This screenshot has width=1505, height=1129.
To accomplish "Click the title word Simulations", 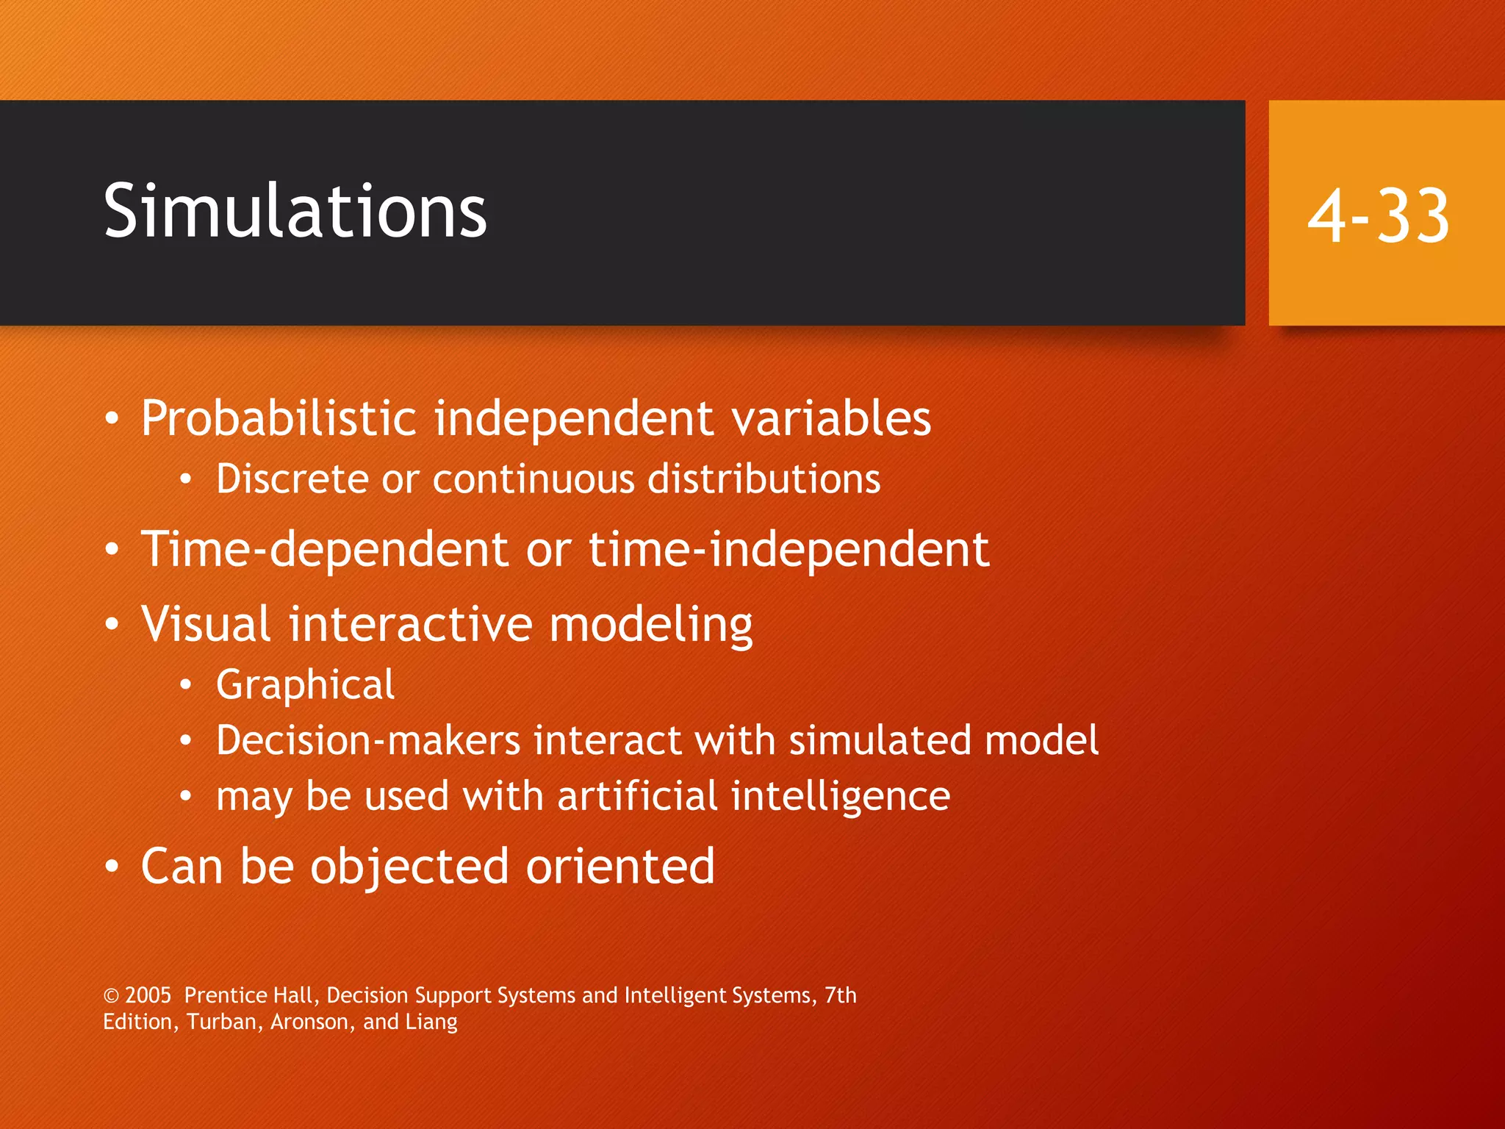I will coord(295,212).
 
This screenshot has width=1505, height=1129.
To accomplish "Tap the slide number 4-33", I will coord(1378,215).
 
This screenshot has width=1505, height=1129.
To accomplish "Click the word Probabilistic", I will coord(279,419).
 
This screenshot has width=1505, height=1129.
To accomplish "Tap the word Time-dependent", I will coord(324,550).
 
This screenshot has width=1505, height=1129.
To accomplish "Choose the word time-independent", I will coord(789,550).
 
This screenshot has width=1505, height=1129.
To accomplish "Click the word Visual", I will coord(206,624).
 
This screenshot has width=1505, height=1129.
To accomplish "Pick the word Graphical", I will coord(305,686).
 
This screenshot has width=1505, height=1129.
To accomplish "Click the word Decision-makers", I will coord(368,740).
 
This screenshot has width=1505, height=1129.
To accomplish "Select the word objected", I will coord(410,867).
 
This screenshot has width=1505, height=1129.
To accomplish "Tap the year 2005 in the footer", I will coord(148,995).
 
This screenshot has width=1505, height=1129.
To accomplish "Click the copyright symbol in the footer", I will coord(111,996).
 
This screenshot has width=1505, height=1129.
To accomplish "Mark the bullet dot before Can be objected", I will coord(111,867).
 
